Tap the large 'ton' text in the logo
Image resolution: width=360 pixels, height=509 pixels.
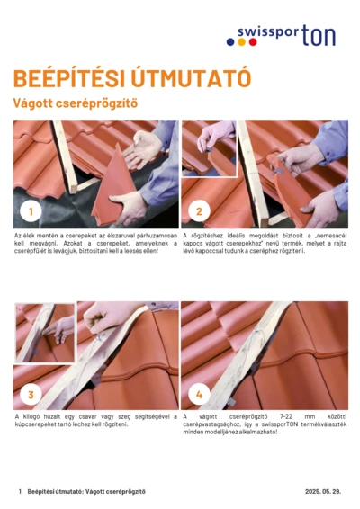coord(319,35)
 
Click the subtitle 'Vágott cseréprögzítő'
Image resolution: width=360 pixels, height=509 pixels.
coord(74,103)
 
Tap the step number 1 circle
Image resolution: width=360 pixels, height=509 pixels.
coord(31,213)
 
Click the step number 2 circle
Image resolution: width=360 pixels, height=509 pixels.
coord(199,213)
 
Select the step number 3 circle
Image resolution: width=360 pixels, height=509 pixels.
coord(31,394)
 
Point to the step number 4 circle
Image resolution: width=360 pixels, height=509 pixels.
coord(199,394)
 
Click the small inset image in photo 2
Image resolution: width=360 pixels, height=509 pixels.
coord(209,148)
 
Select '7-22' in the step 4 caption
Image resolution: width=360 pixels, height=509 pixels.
coord(285,416)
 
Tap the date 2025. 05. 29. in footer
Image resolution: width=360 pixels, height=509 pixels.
coord(324,491)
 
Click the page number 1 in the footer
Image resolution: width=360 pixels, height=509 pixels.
coord(20,491)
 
